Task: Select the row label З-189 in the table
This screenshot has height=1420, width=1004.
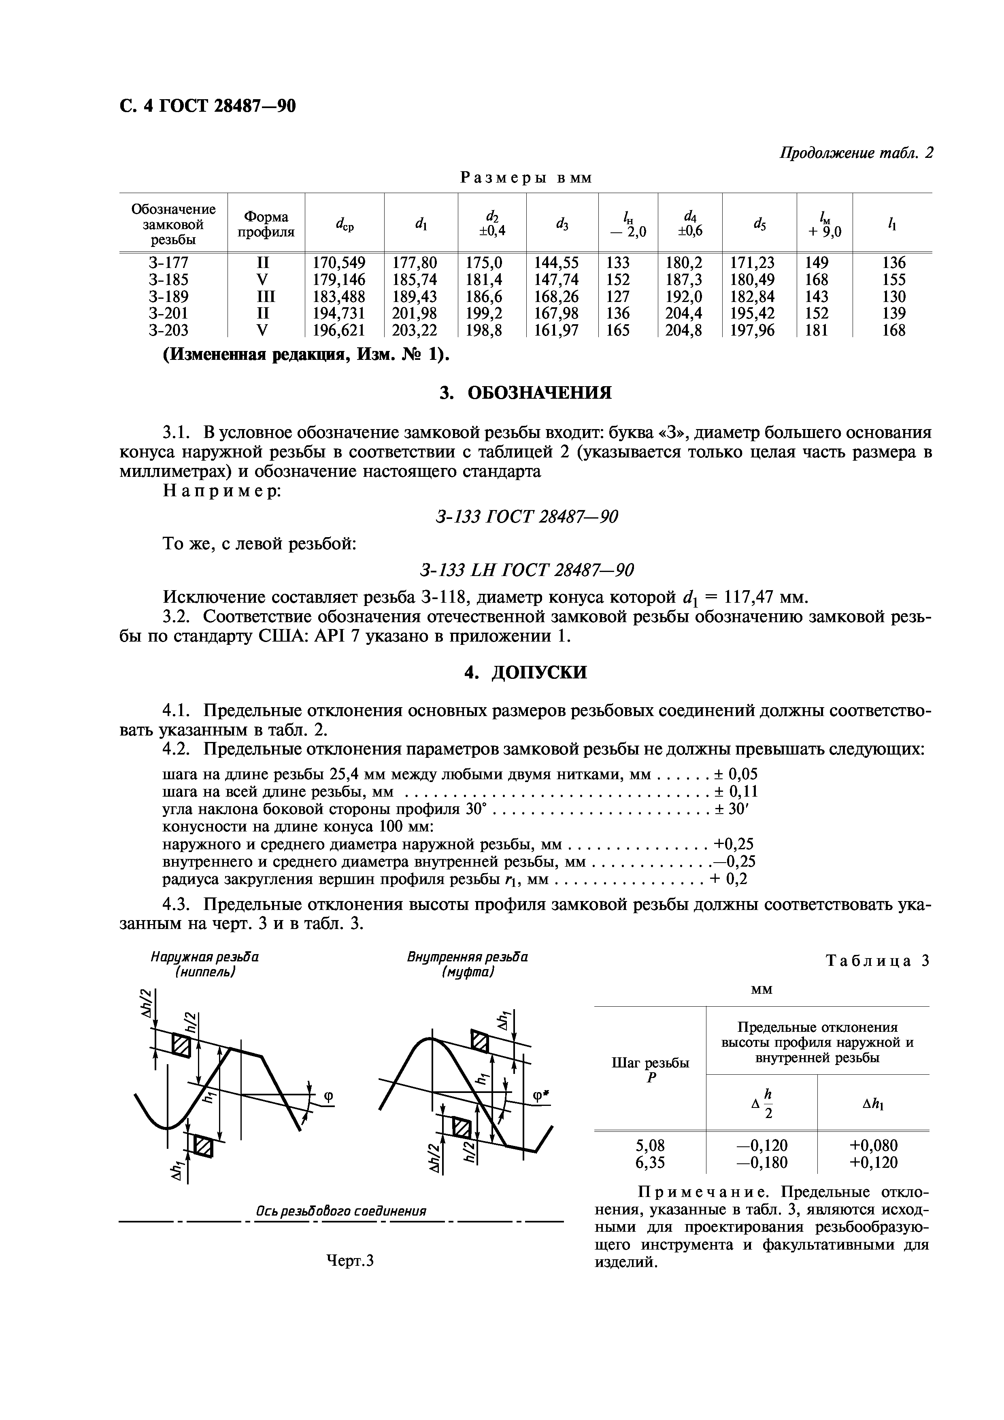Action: pos(168,296)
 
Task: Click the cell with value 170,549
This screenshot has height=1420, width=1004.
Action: pos(338,263)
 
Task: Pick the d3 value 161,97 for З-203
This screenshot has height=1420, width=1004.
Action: pos(556,330)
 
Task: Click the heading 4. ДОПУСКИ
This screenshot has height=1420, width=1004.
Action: pos(525,672)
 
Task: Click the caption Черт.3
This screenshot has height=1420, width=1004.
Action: pos(350,1261)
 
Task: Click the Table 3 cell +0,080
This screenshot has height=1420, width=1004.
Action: pos(873,1146)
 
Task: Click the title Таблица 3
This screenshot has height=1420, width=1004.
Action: pos(878,961)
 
